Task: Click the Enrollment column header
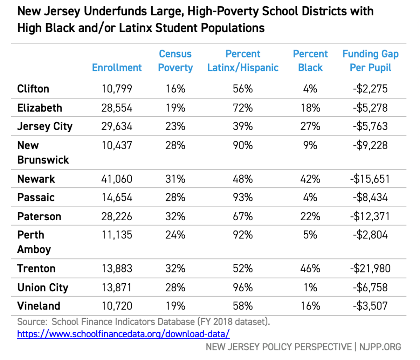click(x=117, y=68)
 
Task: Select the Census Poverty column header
click(x=175, y=61)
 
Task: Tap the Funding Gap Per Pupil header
click(x=370, y=61)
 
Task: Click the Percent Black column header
click(x=310, y=61)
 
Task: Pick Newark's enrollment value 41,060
click(x=117, y=179)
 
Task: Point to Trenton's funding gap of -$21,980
click(x=370, y=269)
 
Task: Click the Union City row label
click(x=43, y=288)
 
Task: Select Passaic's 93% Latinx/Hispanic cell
click(x=243, y=198)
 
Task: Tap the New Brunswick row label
click(x=43, y=152)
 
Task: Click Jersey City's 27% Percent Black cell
click(x=310, y=126)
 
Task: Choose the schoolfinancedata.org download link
click(x=123, y=334)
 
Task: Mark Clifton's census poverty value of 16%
click(x=175, y=89)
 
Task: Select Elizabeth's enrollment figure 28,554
click(x=117, y=108)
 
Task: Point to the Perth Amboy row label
click(x=34, y=242)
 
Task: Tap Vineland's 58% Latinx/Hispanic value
click(x=243, y=306)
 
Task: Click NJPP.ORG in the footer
click(x=380, y=347)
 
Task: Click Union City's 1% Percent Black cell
click(x=310, y=288)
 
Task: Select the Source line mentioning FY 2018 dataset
click(x=144, y=321)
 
